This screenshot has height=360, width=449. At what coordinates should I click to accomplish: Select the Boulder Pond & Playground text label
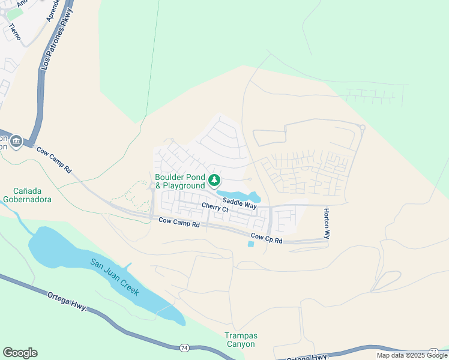pyautogui.click(x=179, y=181)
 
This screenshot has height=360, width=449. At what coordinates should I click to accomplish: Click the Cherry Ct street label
pyautogui.click(x=215, y=208)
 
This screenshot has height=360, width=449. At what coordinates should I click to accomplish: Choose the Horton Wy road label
pyautogui.click(x=327, y=224)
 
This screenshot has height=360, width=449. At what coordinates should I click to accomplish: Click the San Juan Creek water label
pyautogui.click(x=115, y=276)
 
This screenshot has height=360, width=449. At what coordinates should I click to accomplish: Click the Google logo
pyautogui.click(x=20, y=353)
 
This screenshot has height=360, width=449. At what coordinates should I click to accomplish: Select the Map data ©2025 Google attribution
pyautogui.click(x=412, y=355)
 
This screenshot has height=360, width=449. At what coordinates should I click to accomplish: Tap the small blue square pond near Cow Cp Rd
pyautogui.click(x=250, y=244)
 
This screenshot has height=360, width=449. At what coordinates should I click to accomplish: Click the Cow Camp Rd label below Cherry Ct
pyautogui.click(x=179, y=223)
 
